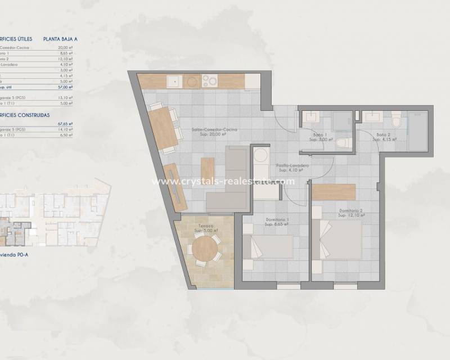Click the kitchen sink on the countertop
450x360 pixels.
pyautogui.click(x=174, y=82)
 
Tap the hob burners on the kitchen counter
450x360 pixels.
pyautogui.click(x=209, y=82)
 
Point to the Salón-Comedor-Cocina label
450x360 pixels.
pyautogui.click(x=214, y=132)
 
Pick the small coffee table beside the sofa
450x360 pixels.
pyautogui.click(x=208, y=175)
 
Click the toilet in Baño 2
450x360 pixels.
pyautogui.click(x=397, y=119)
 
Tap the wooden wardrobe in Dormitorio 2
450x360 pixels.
pyautogui.click(x=334, y=192)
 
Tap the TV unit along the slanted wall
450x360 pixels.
pyautogui.click(x=176, y=187)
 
